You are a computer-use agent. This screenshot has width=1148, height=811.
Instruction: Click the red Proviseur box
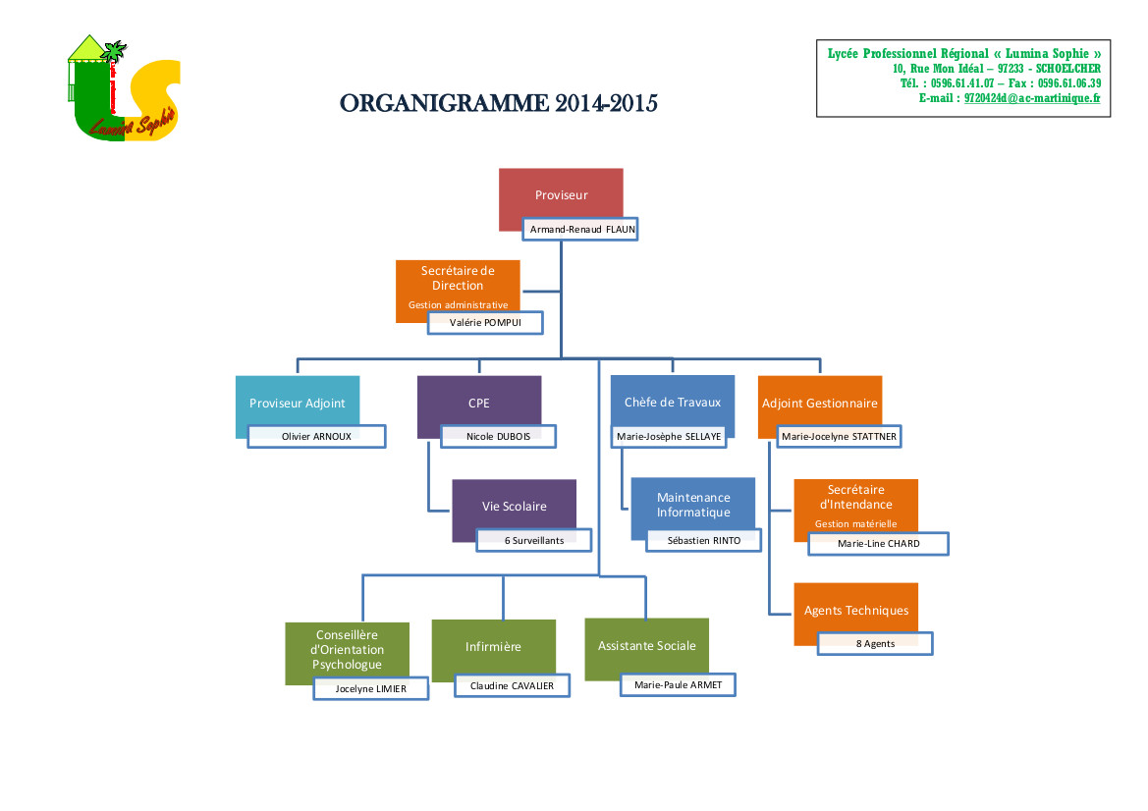point(561,194)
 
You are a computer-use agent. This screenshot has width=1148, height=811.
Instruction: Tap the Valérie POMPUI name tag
point(485,323)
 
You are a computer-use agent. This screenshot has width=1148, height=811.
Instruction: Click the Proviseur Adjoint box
point(297,403)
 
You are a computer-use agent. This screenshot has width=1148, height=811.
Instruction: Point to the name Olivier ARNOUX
point(316,436)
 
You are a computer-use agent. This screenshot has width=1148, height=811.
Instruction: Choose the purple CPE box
point(478,403)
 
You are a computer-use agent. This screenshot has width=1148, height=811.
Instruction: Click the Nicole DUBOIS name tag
point(498,436)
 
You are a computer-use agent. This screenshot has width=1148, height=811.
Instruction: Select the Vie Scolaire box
point(514,506)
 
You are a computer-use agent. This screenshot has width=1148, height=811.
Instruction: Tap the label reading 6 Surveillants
point(534,540)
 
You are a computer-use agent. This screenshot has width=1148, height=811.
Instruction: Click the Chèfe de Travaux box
point(672,402)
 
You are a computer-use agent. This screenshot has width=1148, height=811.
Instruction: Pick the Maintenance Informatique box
point(693,505)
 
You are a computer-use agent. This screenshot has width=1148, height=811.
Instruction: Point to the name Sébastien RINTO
point(703,540)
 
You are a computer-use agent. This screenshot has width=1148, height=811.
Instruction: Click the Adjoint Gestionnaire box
point(820,403)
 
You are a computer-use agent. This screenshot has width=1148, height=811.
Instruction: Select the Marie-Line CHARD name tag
point(878,543)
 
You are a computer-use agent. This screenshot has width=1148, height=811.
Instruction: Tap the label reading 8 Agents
point(875,643)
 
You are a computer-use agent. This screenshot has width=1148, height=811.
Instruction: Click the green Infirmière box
point(493,647)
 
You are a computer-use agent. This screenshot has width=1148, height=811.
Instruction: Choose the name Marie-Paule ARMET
point(678,684)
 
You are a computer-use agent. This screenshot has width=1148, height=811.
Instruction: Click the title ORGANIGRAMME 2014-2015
point(498,103)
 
